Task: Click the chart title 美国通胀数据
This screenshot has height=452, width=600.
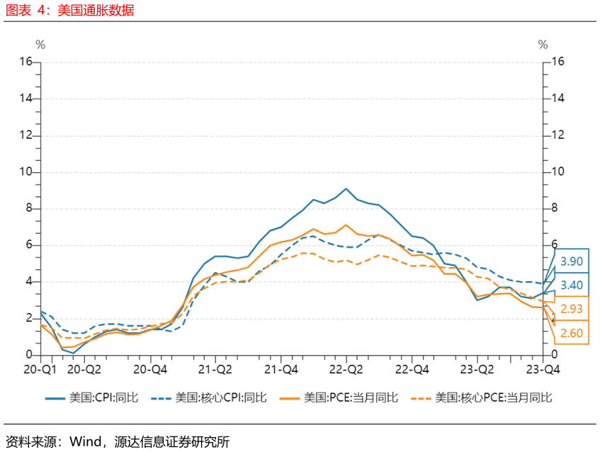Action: click(x=96, y=10)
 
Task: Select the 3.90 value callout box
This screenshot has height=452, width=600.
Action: click(x=572, y=261)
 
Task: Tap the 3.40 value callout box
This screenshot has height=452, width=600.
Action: click(x=572, y=285)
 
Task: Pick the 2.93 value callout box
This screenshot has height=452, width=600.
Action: click(x=572, y=308)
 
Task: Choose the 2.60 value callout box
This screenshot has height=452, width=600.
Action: click(x=572, y=332)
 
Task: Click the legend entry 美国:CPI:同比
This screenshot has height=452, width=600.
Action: click(x=91, y=397)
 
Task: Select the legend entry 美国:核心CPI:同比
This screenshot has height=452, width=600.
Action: click(x=209, y=397)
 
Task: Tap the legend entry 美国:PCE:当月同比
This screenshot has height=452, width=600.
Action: click(x=339, y=397)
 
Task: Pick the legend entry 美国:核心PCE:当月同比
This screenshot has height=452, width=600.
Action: click(x=482, y=397)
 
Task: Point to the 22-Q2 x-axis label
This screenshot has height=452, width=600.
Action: click(x=346, y=369)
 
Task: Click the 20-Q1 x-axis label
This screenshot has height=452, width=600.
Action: click(x=40, y=369)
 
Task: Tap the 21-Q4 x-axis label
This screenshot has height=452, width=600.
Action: click(x=281, y=369)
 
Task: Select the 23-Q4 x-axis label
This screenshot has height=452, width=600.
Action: click(x=543, y=369)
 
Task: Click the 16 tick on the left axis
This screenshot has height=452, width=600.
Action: click(x=26, y=61)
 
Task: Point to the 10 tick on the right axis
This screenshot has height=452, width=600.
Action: click(x=558, y=171)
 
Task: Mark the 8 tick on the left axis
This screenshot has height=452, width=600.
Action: click(x=29, y=208)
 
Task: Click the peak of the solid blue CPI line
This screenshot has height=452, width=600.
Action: click(x=346, y=188)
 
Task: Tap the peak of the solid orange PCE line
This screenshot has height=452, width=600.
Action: click(x=346, y=225)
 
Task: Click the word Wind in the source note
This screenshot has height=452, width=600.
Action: click(x=85, y=441)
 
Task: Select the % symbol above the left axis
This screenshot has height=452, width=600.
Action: click(x=40, y=45)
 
